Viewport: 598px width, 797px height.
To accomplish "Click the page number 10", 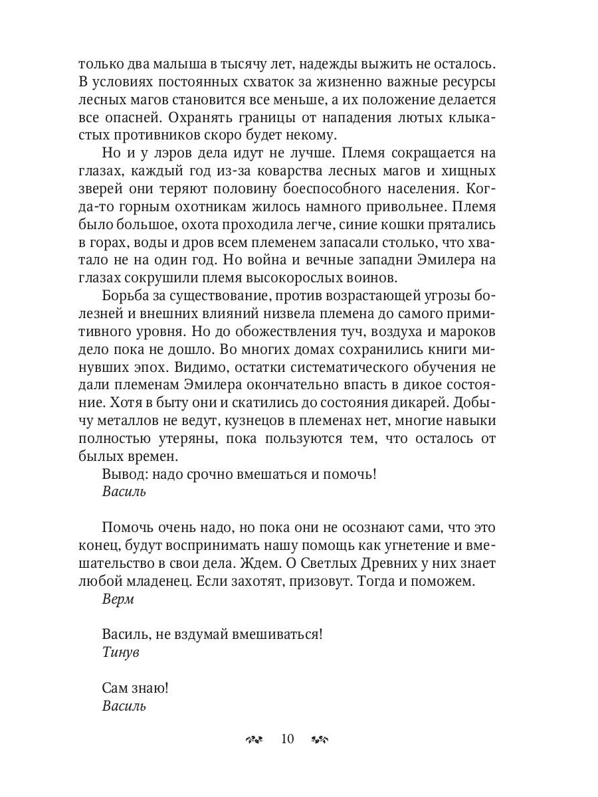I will pos(288,739).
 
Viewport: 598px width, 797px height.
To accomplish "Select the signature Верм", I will pos(118,599).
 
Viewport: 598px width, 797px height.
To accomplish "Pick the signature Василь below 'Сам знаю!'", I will pos(124,705).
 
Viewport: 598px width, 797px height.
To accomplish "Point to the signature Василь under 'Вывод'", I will pos(124,492).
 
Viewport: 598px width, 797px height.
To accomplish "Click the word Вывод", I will pos(122,474).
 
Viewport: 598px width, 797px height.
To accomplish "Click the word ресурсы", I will pos(470,82).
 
